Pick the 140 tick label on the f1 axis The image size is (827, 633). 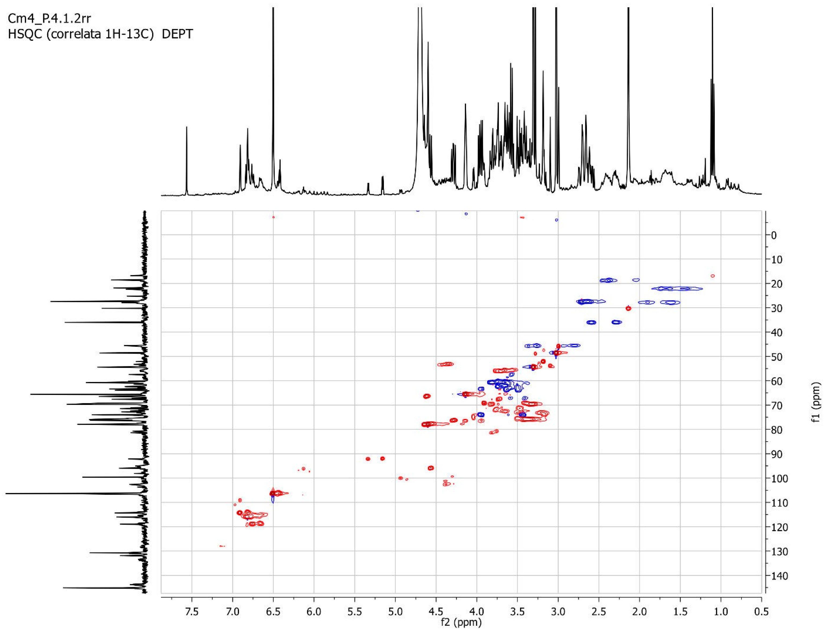coord(779,576)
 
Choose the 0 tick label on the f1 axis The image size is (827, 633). coord(774,236)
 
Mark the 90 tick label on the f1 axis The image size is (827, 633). coord(777,454)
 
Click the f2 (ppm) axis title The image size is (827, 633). coord(461,623)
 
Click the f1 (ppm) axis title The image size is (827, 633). coord(816,402)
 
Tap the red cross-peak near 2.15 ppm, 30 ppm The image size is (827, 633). coord(628,309)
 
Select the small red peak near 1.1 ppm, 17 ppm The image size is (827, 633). coord(712,276)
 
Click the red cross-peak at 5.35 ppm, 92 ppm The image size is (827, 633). coord(368,459)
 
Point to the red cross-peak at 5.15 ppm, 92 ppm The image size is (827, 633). coord(383,459)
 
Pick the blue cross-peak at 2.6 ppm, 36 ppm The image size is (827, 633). coord(592,323)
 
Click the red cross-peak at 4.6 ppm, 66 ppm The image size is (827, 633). coord(427,396)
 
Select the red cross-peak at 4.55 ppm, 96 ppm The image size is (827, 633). coord(431,468)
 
